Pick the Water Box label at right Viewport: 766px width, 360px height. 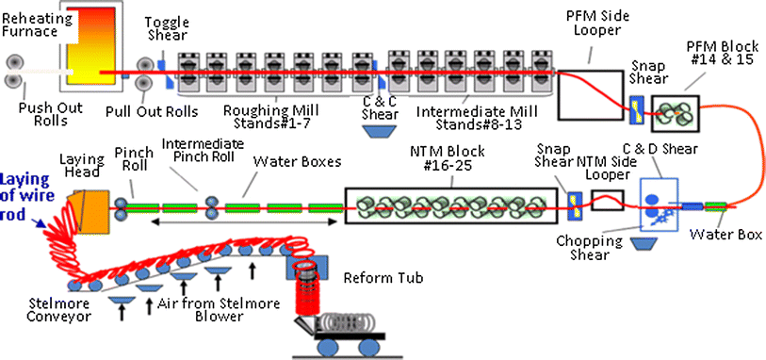(x=722, y=233)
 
